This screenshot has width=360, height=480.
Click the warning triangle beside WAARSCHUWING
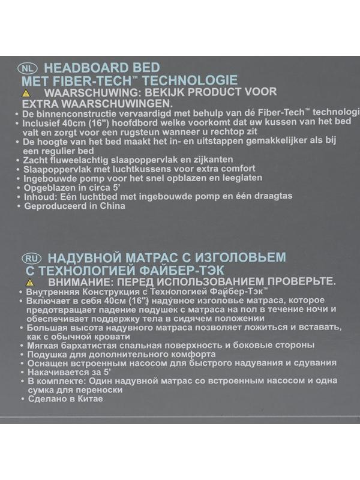click(x=26, y=94)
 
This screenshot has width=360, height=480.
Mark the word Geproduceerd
click(x=54, y=206)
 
